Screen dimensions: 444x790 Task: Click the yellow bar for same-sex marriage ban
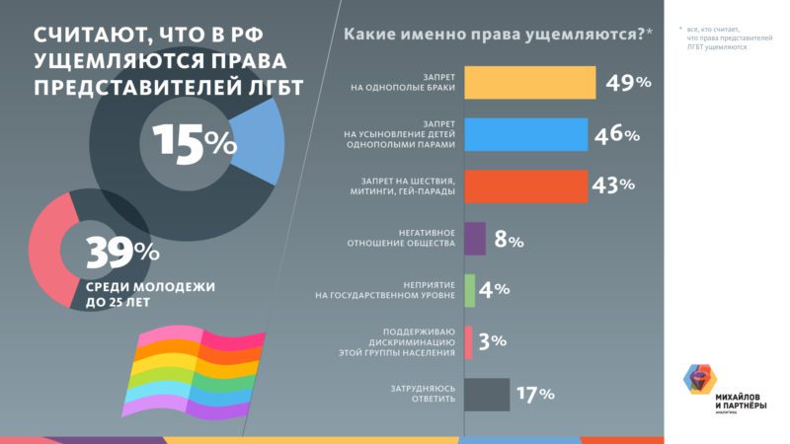(529, 83)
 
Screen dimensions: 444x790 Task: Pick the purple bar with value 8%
(474, 239)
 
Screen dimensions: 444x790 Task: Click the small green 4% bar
(469, 290)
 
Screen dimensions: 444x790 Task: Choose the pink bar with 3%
(468, 341)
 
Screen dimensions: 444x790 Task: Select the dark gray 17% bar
(486, 394)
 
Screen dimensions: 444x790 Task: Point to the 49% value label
(629, 83)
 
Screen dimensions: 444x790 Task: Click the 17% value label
(534, 395)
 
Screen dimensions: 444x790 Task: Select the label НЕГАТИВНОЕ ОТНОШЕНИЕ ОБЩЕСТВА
(406, 239)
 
